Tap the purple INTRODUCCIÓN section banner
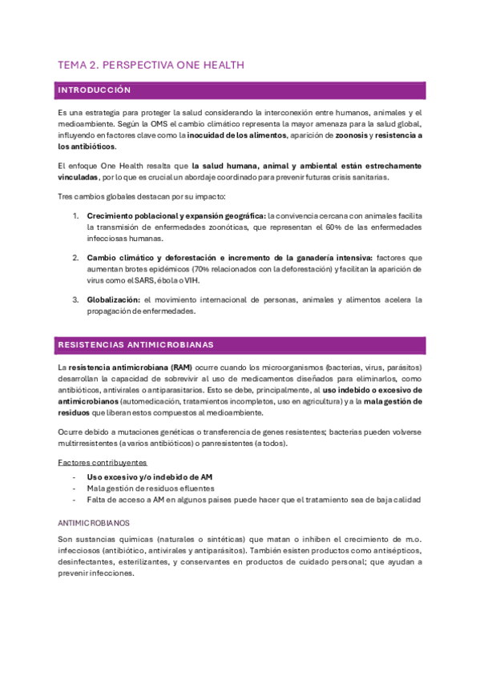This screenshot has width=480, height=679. click(240, 90)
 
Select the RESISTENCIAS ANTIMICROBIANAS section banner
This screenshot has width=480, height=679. click(240, 345)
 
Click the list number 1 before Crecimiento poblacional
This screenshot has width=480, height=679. click(76, 216)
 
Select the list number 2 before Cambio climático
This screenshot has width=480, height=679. click(76, 258)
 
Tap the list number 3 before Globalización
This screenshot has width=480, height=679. click(76, 299)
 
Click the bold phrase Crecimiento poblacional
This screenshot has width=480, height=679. click(134, 216)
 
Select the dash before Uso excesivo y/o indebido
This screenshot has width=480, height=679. click(74, 476)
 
